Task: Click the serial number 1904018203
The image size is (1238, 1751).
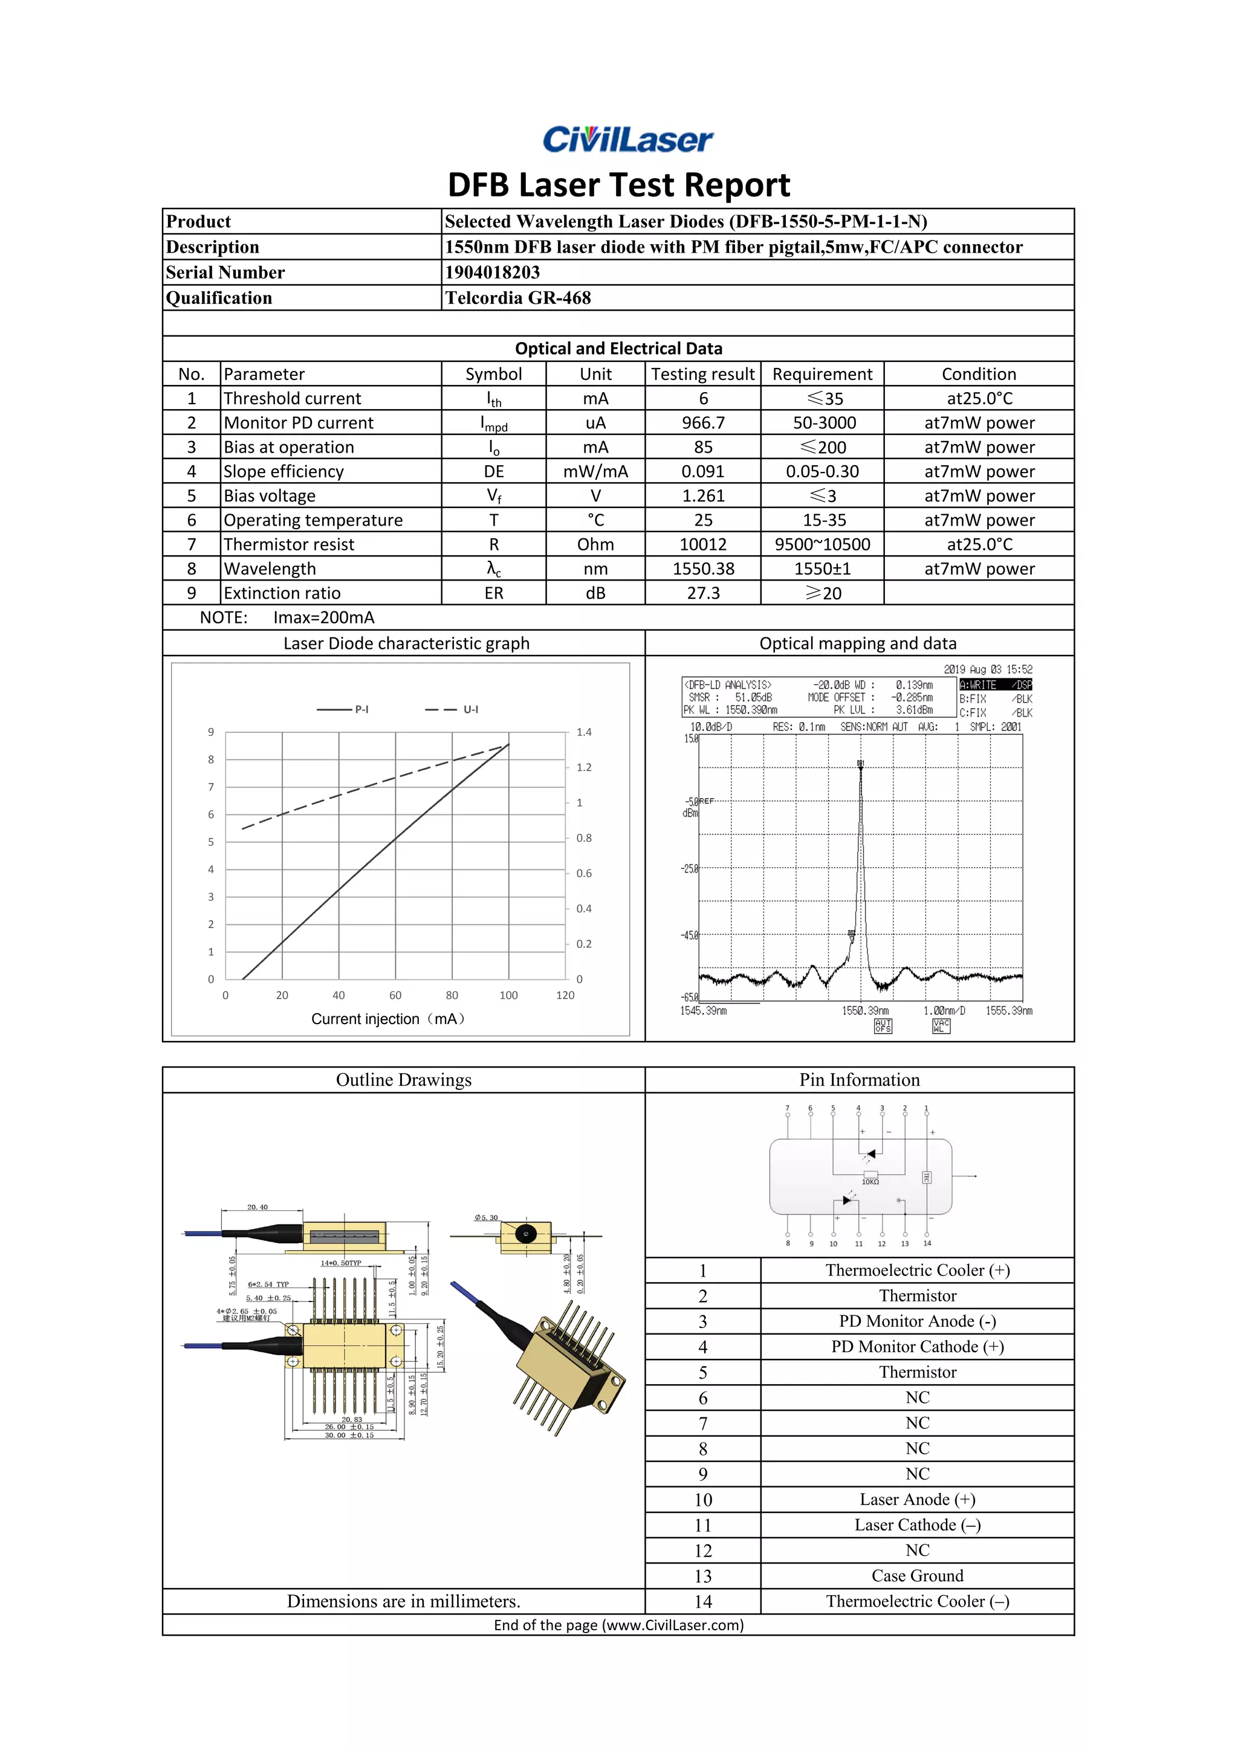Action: tap(492, 272)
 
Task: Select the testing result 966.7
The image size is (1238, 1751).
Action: tap(702, 422)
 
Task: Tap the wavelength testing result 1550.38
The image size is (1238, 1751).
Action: tap(702, 569)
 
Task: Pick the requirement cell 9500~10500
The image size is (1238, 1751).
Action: tap(822, 544)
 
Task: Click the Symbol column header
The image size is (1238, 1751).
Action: tap(493, 373)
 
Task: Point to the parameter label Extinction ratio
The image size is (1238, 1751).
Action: tap(282, 593)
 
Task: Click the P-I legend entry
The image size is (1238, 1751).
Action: tap(343, 709)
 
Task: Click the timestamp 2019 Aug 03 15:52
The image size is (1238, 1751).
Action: tap(988, 669)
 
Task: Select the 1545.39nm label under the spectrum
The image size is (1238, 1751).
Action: tap(703, 1010)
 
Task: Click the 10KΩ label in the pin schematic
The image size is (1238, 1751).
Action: tap(870, 1181)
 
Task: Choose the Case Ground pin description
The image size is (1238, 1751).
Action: tap(917, 1576)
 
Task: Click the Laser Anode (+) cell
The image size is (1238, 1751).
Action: tap(917, 1499)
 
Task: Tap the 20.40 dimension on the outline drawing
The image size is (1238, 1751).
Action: tap(257, 1207)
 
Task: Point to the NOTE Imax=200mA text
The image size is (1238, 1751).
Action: tap(287, 618)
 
